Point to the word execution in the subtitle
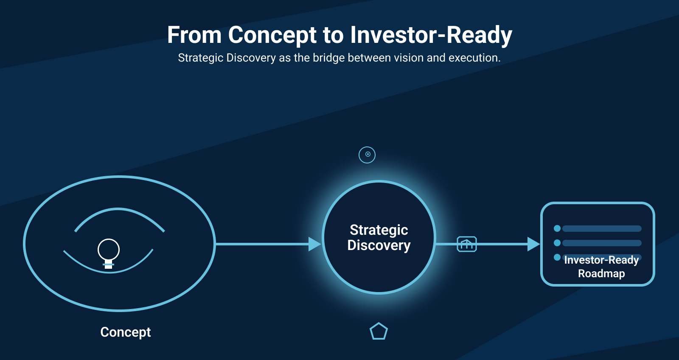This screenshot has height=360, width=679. click(x=474, y=58)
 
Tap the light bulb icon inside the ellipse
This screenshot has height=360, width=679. click(x=109, y=253)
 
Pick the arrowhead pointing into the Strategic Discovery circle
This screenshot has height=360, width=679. click(x=314, y=244)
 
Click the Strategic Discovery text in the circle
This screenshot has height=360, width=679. click(x=379, y=237)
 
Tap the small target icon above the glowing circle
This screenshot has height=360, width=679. click(x=367, y=155)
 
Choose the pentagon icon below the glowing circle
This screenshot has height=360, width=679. click(x=379, y=331)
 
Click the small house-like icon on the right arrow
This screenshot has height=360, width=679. click(x=467, y=244)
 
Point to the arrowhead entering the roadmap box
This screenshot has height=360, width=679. click(x=534, y=244)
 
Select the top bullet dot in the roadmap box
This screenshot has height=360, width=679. click(x=557, y=228)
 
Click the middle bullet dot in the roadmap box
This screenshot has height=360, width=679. click(x=557, y=243)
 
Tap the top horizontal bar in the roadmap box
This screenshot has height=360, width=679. click(x=602, y=229)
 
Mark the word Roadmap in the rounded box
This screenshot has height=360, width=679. click(x=601, y=273)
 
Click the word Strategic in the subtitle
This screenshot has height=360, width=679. click(x=201, y=58)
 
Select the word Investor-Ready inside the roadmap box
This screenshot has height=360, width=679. click(x=601, y=260)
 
